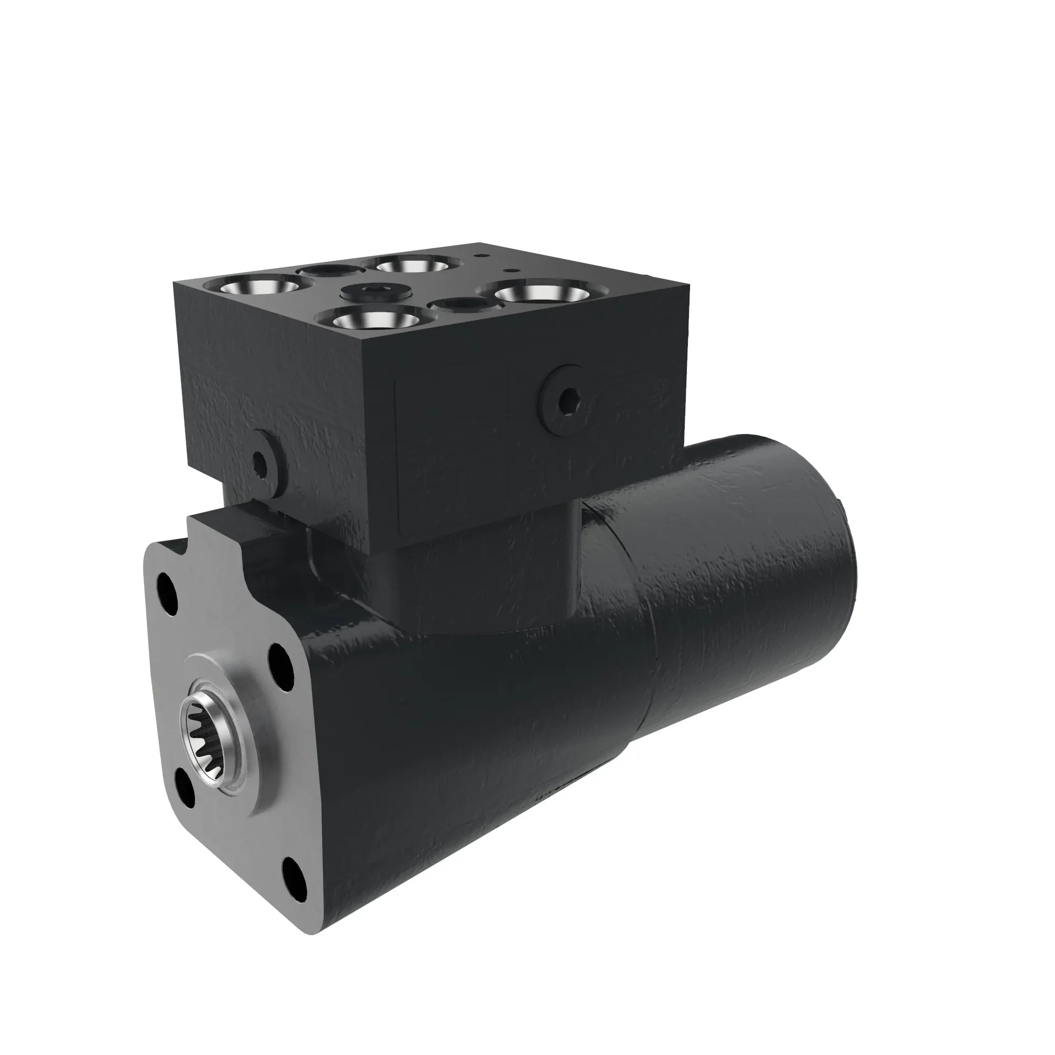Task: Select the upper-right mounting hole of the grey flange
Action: point(281,658)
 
